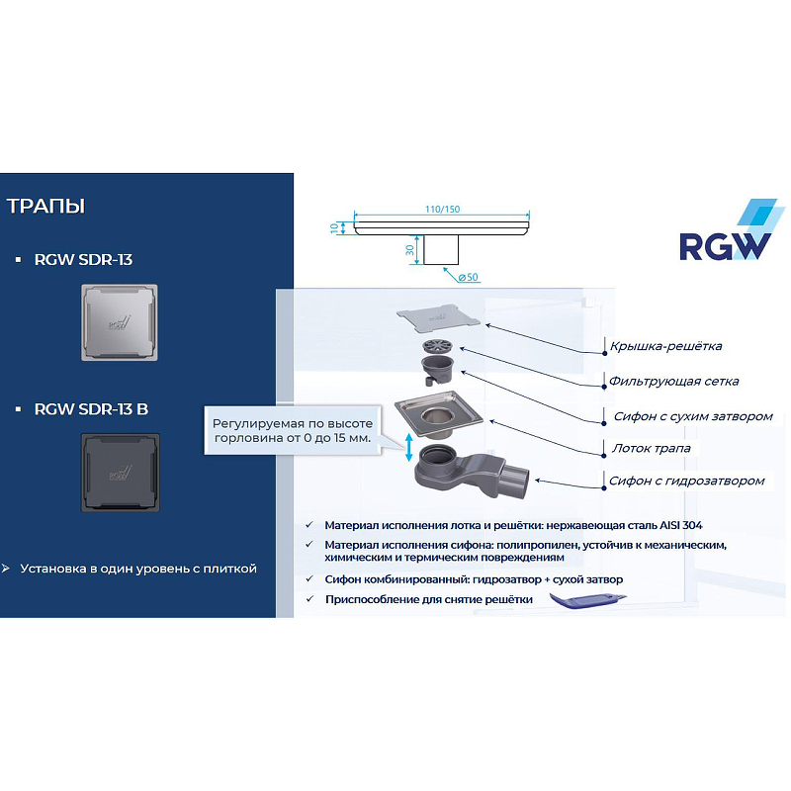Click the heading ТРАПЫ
(45, 207)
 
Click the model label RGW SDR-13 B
(91, 408)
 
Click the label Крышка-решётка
(665, 346)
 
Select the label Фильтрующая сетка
(673, 381)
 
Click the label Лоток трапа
(650, 448)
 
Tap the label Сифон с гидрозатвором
(686, 481)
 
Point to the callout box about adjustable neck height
(294, 430)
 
